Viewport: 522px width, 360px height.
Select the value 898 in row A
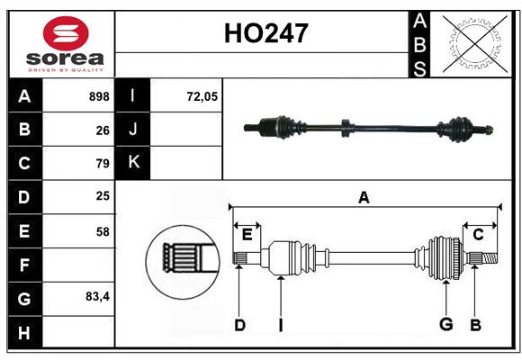[99, 96]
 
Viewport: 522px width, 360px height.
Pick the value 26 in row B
[103, 130]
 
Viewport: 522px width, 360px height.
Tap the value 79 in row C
[103, 164]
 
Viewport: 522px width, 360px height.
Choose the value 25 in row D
[103, 197]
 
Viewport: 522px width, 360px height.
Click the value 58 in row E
[103, 231]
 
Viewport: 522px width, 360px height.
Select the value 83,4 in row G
[98, 296]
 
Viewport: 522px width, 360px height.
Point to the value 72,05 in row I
[202, 96]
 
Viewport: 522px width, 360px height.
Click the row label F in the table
[24, 265]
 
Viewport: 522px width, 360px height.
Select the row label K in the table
[134, 163]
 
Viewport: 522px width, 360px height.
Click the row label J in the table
[134, 130]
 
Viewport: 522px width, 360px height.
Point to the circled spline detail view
[183, 260]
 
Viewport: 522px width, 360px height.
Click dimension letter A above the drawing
[364, 197]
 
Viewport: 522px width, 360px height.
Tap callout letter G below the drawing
[445, 325]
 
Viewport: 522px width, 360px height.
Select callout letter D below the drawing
[239, 325]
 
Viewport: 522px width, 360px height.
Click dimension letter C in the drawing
[478, 234]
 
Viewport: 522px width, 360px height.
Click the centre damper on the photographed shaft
[345, 129]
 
